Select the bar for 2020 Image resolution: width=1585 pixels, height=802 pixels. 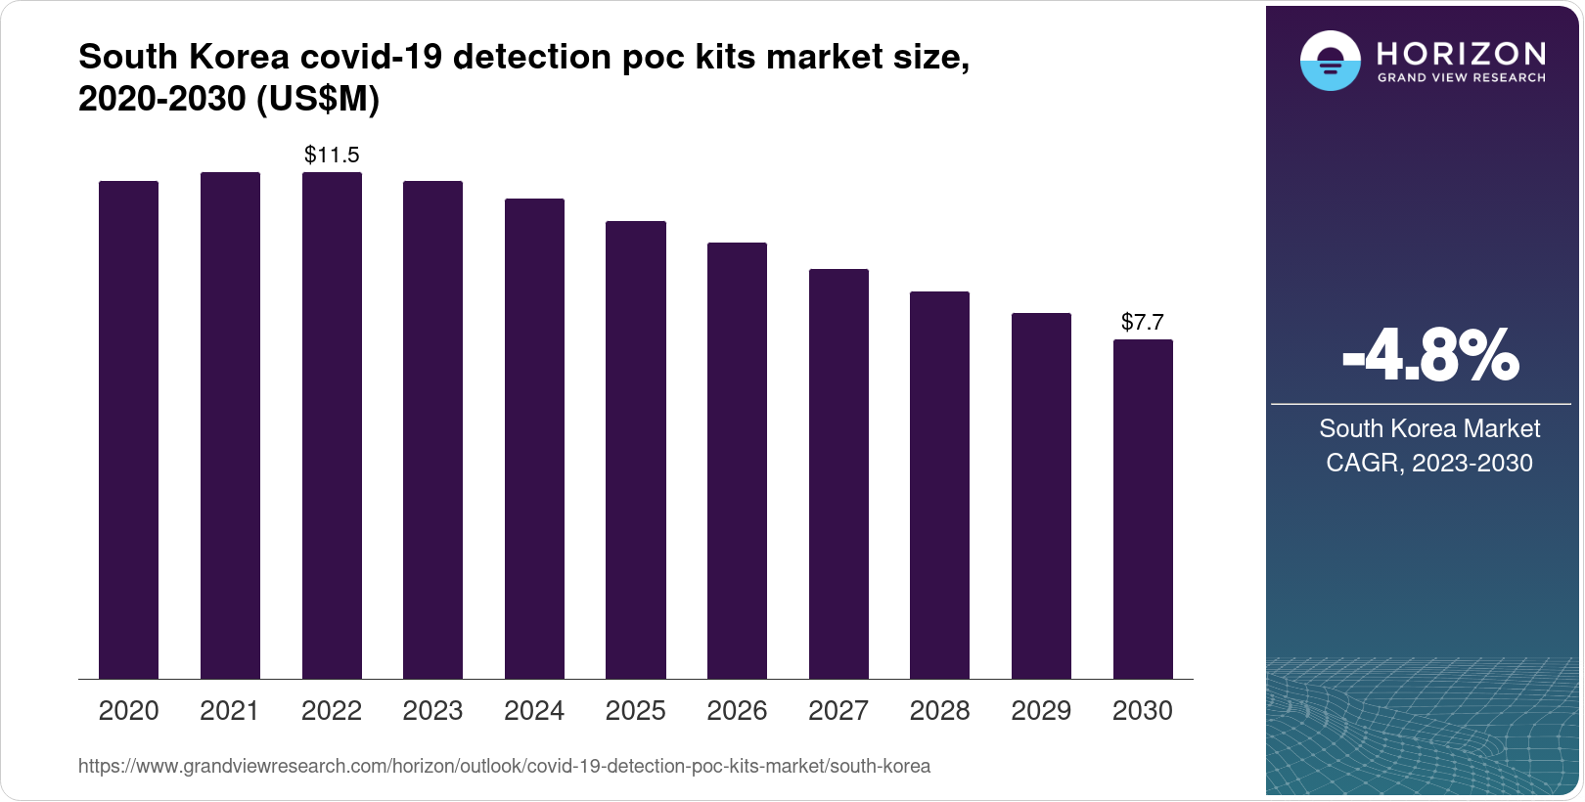tap(128, 429)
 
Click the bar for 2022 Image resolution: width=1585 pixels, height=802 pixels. tap(332, 425)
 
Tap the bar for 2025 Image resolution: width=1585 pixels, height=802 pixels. tap(636, 450)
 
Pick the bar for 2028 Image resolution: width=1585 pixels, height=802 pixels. tap(939, 485)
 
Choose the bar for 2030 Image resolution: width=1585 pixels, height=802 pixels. tap(1143, 509)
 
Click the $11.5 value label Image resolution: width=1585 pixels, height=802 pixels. tap(332, 155)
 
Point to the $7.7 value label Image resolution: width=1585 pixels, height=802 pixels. tap(1142, 322)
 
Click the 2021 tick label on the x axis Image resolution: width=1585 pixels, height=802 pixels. tap(230, 710)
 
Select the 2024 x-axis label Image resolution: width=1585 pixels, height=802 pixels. tap(534, 710)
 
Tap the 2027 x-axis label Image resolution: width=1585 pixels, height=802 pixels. tap(838, 710)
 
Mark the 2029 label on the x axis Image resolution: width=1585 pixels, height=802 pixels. tap(1041, 710)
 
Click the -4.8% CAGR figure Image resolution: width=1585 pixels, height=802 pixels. tap(1429, 357)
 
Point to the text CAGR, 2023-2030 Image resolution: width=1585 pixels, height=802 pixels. tap(1429, 463)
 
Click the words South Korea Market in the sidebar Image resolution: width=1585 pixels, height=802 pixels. tap(1429, 428)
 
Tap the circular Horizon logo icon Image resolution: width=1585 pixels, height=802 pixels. tap(1330, 61)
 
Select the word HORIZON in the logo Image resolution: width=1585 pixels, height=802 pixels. tap(1461, 53)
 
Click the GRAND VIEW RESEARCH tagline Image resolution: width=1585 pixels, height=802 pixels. tap(1461, 78)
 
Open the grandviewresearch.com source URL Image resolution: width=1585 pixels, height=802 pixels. tap(504, 766)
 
